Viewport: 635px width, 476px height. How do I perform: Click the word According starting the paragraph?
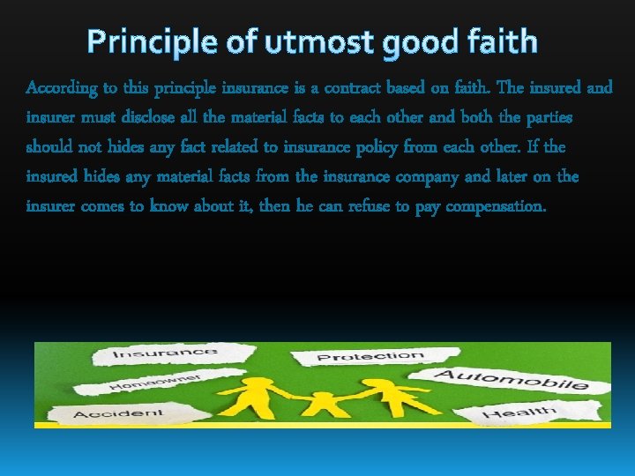tap(59, 88)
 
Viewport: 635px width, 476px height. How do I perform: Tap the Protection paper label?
tap(370, 357)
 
